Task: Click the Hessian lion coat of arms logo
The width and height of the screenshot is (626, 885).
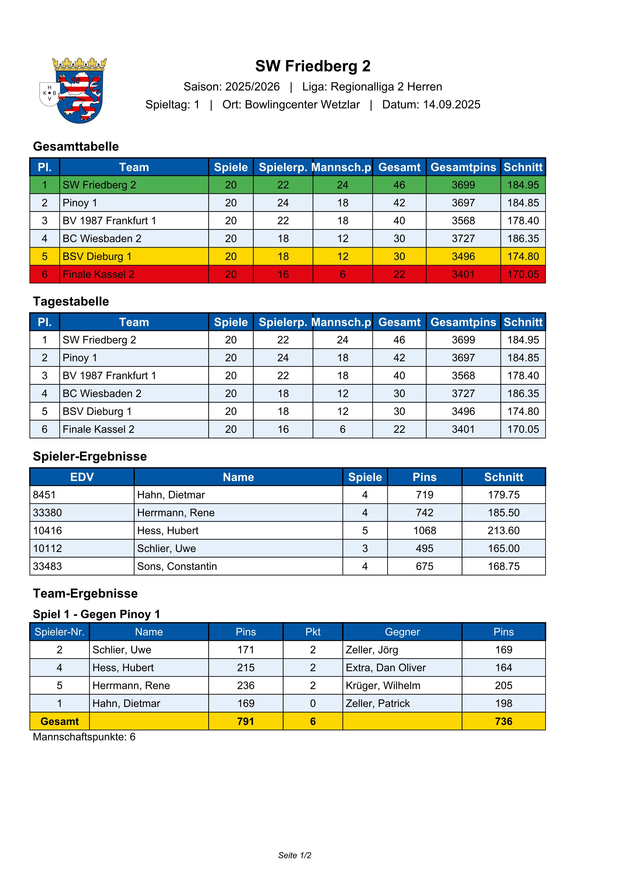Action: [79, 91]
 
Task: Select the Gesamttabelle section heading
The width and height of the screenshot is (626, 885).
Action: [76, 147]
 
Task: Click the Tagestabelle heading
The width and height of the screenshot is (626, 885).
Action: [71, 301]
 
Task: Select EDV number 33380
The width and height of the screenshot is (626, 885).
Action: [47, 513]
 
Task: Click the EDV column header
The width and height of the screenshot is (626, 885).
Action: [82, 477]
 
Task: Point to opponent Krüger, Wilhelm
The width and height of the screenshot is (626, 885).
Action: [383, 686]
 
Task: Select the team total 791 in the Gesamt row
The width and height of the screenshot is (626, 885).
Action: [246, 722]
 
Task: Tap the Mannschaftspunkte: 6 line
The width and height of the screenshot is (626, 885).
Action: [84, 737]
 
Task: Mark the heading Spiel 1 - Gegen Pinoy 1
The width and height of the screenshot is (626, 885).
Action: [96, 614]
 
